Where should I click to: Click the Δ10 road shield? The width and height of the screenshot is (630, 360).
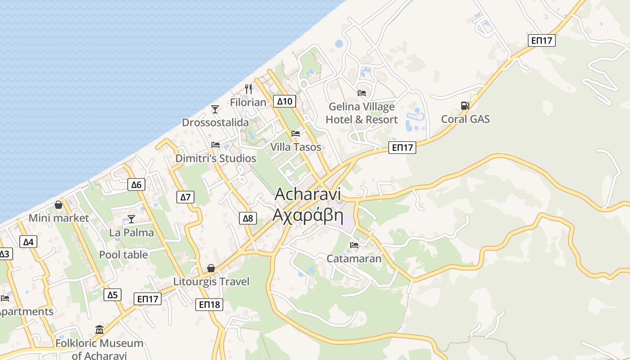coord(284,101)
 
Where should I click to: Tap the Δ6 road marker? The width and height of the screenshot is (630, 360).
coord(136,184)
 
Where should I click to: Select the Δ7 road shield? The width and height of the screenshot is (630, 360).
coord(185,197)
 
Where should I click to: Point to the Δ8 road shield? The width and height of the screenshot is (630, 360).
coord(248,219)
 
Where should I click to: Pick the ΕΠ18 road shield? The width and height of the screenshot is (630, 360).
coord(209,305)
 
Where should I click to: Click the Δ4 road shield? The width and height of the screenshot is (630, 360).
coord(28,242)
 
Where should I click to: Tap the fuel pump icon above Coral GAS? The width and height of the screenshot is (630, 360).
coord(465,106)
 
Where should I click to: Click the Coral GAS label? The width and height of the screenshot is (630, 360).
coord(465,119)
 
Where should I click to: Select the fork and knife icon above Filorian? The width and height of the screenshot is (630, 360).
coord(248,89)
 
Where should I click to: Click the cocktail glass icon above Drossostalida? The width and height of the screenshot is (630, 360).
coord(215,109)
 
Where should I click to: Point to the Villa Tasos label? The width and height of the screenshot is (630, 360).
coord(296,147)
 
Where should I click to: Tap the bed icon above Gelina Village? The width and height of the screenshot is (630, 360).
coord(361,93)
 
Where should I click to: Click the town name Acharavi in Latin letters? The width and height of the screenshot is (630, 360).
coord(307,194)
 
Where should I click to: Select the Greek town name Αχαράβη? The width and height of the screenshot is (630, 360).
coord(308,216)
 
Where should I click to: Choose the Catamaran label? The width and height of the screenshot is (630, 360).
coord(354,259)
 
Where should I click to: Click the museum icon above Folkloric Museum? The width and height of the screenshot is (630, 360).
coord(99,330)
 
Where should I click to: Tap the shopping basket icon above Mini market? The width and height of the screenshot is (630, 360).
coord(58,205)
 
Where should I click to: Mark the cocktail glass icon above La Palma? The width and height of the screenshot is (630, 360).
coord(131,219)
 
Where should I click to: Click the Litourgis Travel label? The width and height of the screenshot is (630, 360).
coord(211,282)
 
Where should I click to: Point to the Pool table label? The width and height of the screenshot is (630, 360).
coord(123,255)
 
